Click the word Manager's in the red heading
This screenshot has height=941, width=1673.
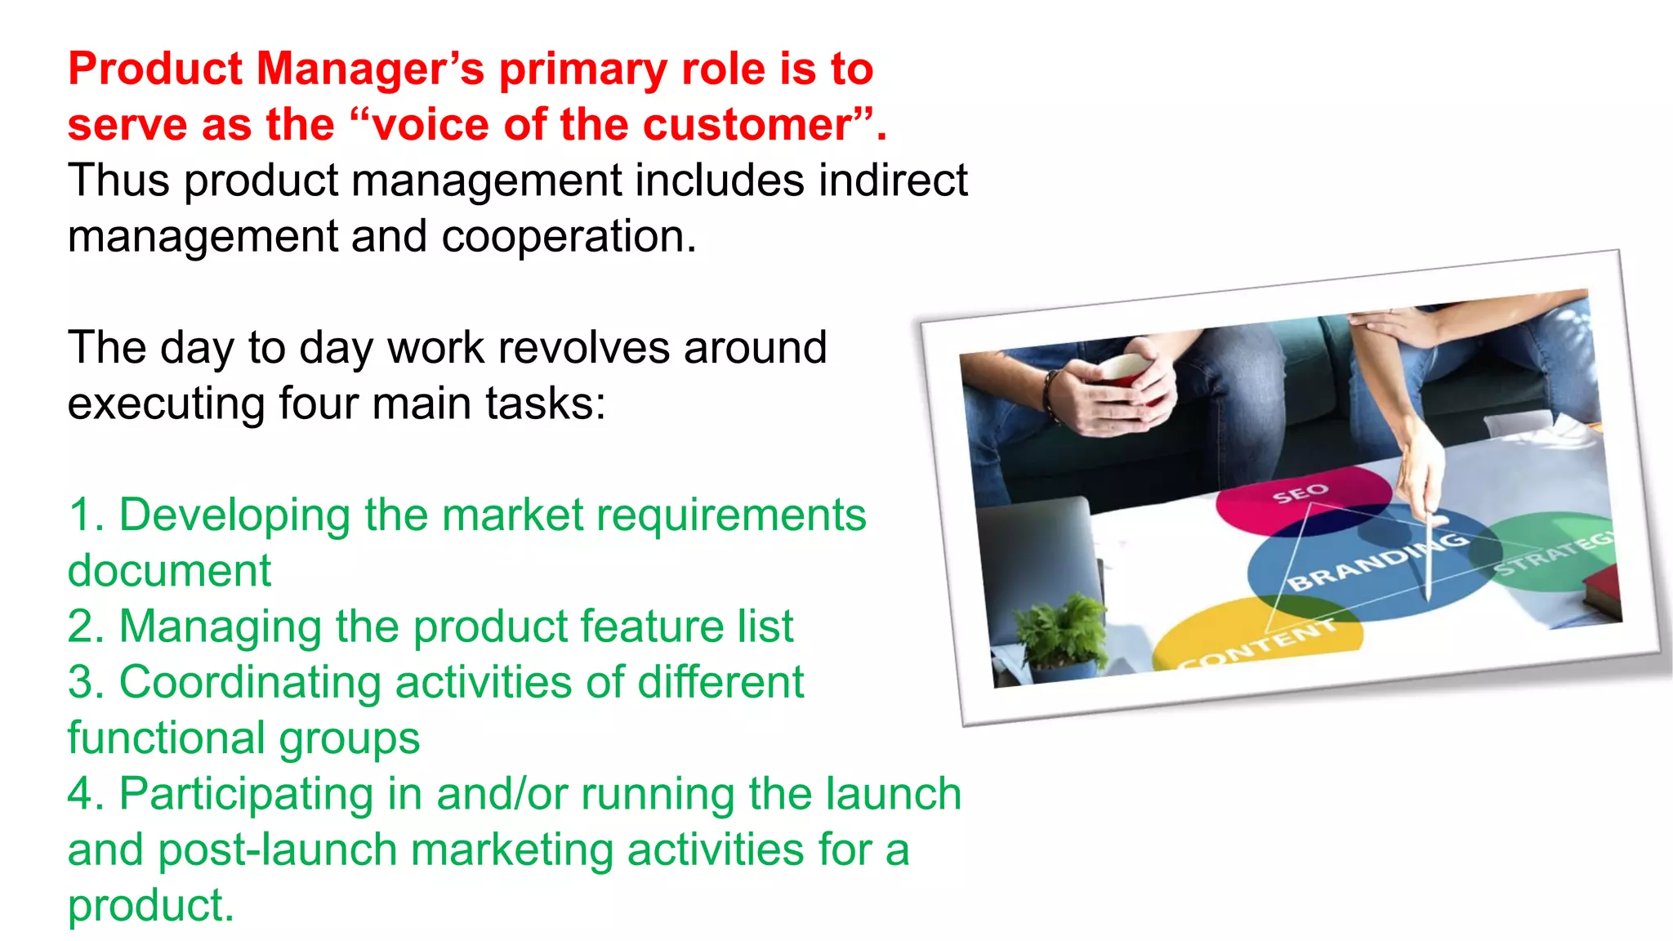pos(370,69)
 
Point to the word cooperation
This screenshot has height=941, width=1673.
pos(569,237)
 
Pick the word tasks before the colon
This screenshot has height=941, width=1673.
pos(545,404)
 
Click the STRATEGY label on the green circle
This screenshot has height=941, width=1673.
pos(1552,553)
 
